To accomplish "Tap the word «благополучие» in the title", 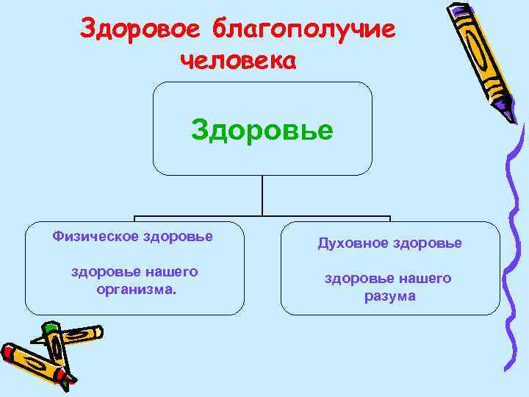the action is click(x=303, y=31).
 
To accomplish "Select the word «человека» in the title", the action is click(x=237, y=60).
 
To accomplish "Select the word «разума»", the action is click(x=389, y=296).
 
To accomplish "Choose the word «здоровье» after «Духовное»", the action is click(x=427, y=243).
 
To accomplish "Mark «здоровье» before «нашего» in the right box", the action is click(x=357, y=279).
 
